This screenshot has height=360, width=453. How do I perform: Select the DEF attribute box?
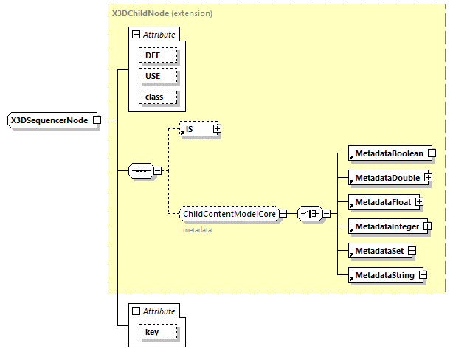153,55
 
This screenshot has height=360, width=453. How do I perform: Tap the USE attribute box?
153,76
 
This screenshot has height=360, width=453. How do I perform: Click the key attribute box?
152,332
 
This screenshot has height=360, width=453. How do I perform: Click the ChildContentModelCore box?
228,214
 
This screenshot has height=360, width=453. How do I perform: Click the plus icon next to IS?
217,129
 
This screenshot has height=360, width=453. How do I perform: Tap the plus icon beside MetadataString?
423,275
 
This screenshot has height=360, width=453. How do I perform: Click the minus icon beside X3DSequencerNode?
97,120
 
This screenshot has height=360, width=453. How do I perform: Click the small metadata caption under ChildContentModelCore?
197,230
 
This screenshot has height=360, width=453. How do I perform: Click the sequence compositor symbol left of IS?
140,171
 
